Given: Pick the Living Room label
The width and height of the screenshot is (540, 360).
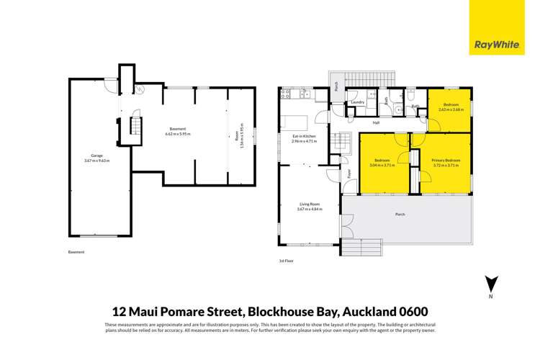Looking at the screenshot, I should pyautogui.click(x=309, y=204).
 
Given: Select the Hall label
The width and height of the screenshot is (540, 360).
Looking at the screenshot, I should pyautogui.click(x=376, y=122).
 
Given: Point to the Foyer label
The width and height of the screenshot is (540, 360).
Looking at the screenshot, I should pyautogui.click(x=349, y=174).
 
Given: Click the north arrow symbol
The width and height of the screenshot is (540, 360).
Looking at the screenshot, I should pyautogui.click(x=490, y=285).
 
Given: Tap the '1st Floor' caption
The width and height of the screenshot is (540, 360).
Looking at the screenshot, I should pyautogui.click(x=287, y=261).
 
